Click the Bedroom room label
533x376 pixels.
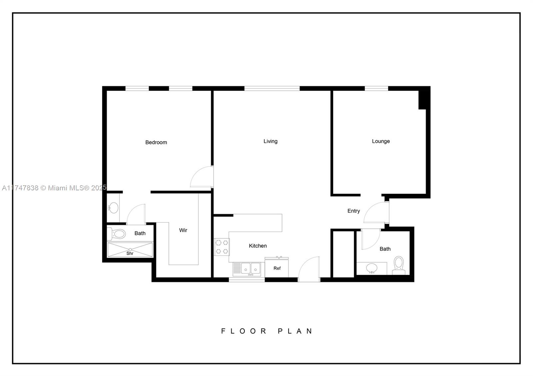tap(156, 142)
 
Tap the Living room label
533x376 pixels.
tap(270, 141)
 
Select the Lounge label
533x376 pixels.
tap(381, 141)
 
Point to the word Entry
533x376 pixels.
tap(353, 211)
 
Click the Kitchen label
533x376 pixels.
tap(258, 246)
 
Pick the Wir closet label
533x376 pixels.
tap(183, 230)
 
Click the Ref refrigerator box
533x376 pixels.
tap(277, 268)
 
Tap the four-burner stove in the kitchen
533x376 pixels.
tap(222, 247)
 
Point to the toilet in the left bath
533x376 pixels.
tap(117, 234)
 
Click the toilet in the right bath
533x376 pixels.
tap(398, 265)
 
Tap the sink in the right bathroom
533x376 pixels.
tap(371, 268)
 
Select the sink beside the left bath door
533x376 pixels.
tap(113, 208)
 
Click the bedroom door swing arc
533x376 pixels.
tap(201, 177)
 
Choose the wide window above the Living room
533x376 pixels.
tap(272, 89)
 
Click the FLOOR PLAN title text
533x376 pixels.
tap(266, 331)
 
